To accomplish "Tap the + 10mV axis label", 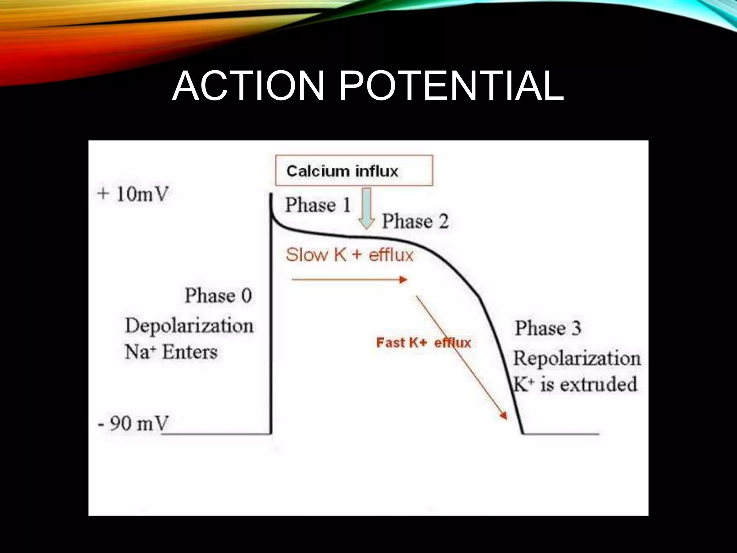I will (132, 195).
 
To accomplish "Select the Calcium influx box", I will (354, 170).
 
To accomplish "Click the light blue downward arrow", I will (367, 209).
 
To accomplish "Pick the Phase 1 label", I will (318, 205).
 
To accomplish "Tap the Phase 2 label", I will (415, 221).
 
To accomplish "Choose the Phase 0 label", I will (218, 296).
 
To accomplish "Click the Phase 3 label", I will (548, 328).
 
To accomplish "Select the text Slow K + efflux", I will (349, 255).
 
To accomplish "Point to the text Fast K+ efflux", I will (423, 343).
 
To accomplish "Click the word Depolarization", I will (189, 326).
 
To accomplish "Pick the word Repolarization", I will (577, 359).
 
